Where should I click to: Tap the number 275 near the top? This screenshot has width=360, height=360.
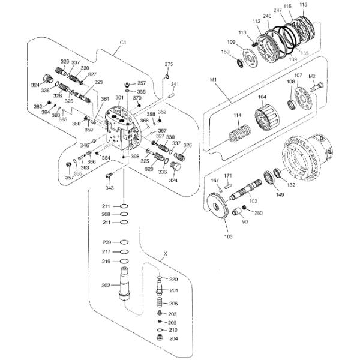click(169, 64)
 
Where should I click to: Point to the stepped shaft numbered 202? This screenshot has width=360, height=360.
click(125, 285)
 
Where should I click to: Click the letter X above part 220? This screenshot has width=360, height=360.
click(166, 254)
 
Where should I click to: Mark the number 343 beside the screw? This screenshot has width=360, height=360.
click(109, 188)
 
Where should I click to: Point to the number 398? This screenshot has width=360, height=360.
click(136, 157)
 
